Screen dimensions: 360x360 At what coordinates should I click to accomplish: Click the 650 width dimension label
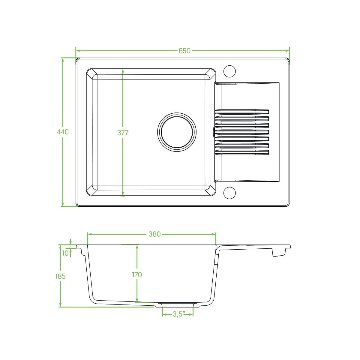tap(184, 51)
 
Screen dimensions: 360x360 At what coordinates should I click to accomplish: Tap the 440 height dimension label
tap(63, 132)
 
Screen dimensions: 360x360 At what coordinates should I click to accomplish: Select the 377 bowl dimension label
tap(123, 133)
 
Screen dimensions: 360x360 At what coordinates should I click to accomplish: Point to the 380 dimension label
tap(154, 234)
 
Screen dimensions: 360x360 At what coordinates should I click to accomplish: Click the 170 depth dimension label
tap(137, 274)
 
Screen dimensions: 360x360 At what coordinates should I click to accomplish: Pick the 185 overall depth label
tap(60, 276)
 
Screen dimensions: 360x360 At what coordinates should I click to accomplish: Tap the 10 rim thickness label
tap(65, 253)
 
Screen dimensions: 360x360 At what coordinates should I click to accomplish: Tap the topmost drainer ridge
tap(242, 112)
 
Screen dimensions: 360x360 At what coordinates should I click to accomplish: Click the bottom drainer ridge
tap(242, 152)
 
